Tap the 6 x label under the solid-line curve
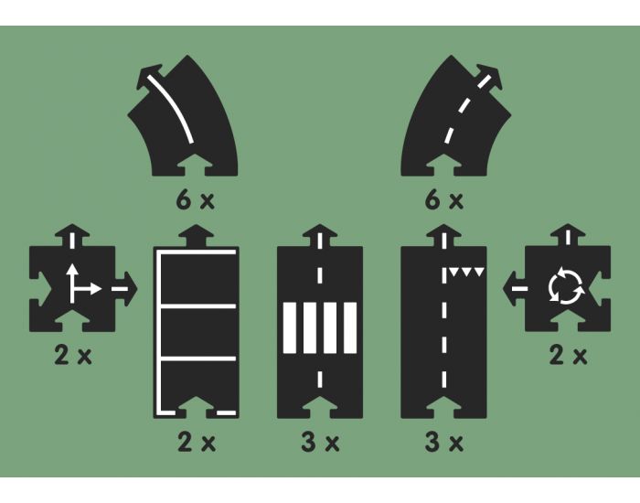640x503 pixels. pyautogui.click(x=195, y=199)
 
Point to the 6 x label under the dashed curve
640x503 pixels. pyautogui.click(x=444, y=199)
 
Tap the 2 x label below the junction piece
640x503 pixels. pyautogui.click(x=73, y=356)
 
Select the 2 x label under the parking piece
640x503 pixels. pyautogui.click(x=196, y=444)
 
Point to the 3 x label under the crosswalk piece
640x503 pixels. pyautogui.click(x=320, y=444)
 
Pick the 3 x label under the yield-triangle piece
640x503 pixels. pyautogui.click(x=444, y=444)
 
